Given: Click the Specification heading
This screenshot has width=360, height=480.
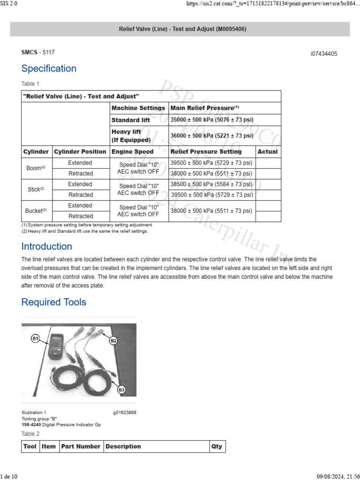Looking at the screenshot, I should tap(49, 68).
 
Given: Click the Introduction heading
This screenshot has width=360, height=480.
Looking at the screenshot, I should tap(47, 247).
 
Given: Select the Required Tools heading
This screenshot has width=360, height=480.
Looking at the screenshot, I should tap(54, 302).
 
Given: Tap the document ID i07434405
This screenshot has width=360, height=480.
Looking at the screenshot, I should tap(323, 54).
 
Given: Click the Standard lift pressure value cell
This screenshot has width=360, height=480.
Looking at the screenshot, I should tap(212, 120).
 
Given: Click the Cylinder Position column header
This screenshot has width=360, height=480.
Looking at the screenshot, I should tap(80, 152).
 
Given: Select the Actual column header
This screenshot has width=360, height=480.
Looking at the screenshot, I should tap(268, 152).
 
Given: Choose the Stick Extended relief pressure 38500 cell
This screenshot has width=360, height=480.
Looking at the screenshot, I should tap(211, 184).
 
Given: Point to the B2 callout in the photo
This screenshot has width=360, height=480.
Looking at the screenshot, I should tap(113, 341).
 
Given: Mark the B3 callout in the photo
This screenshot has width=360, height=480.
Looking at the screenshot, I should tap(121, 390).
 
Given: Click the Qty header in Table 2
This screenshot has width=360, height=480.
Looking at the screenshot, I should tap(217, 447).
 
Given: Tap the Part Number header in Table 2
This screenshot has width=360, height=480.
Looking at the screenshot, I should tap(81, 447).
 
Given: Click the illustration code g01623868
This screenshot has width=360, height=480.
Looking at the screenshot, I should tap(124, 412).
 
